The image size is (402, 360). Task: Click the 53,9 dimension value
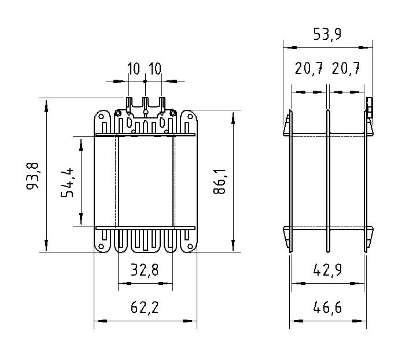coord(327,34)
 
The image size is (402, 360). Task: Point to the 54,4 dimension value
coord(69,182)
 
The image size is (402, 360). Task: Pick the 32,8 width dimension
coord(145,270)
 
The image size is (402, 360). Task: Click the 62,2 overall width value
coord(145,307)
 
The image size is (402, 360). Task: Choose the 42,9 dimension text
coord(327,270)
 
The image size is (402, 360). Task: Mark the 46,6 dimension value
coord(327,307)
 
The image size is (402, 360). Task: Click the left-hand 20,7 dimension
coord(309,70)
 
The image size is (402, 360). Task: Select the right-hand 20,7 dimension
coord(346,70)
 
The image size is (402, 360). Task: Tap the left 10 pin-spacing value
coord(134,69)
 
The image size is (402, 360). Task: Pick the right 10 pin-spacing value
coord(154,69)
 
